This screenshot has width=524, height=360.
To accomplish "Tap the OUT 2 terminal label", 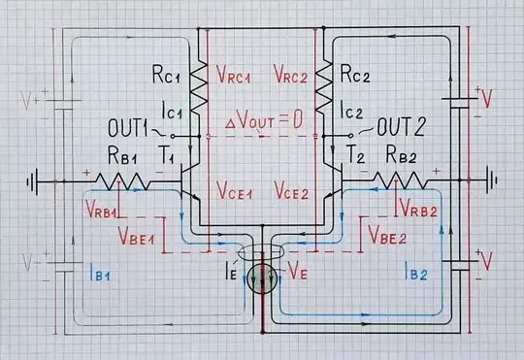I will pyautogui.click(x=401, y=128).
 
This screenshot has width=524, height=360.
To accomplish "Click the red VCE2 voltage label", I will pyautogui.click(x=294, y=188).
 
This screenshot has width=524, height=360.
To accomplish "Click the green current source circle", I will pyautogui.click(x=262, y=280).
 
